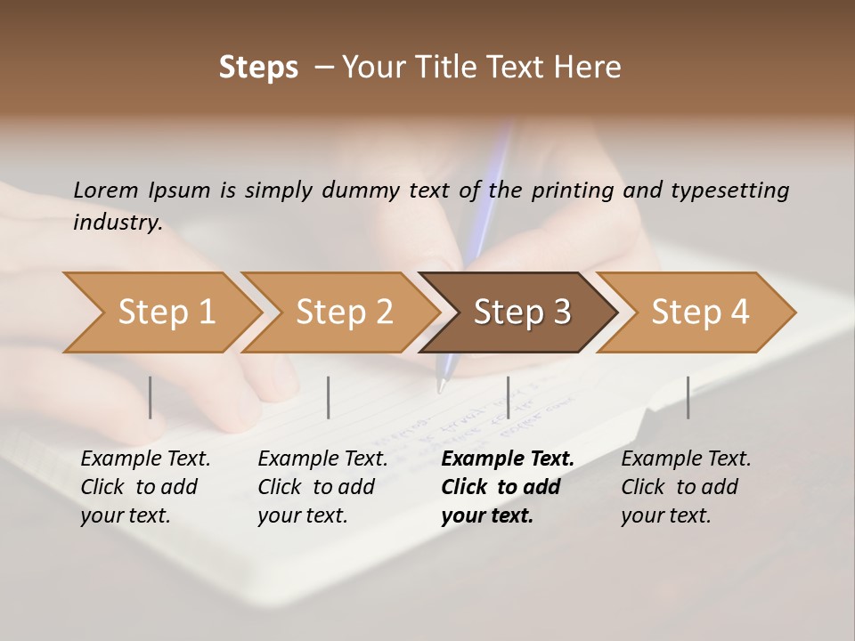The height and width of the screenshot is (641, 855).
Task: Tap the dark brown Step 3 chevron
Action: [522, 312]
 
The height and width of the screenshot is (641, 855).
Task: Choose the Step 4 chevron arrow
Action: [700, 312]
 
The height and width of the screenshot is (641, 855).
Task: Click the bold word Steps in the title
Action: [258, 68]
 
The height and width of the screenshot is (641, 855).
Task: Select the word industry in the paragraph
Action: [118, 223]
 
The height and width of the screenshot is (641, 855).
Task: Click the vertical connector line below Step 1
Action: [151, 397]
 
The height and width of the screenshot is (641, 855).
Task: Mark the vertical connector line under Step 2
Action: [329, 397]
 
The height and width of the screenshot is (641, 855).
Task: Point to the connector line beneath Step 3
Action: [508, 397]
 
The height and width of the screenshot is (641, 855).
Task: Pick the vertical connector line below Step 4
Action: [688, 397]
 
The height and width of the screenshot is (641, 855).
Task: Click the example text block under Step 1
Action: [145, 487]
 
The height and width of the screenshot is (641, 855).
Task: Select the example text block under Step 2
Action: [322, 487]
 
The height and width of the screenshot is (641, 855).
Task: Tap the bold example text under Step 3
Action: [507, 487]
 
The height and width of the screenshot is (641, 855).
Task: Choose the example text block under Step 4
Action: [686, 487]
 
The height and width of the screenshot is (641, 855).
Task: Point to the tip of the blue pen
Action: [440, 389]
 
